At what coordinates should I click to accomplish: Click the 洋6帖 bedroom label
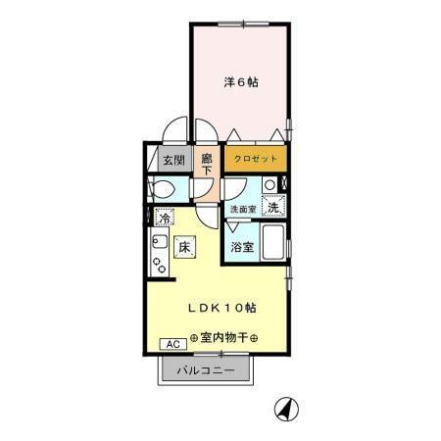coord(239,83)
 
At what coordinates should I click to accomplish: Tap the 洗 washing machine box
coord(275,207)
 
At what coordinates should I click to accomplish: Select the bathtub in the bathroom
coord(273,244)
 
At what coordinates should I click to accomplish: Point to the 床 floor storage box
coord(183,247)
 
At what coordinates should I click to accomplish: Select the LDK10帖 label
coord(222,307)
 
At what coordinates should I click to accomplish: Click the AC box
coord(171,344)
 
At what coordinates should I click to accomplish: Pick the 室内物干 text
coord(224,338)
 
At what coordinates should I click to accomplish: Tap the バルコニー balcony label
coord(206,371)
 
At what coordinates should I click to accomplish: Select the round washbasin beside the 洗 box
coord(269,183)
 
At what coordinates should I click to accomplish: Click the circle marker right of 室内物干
coord(255,339)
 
